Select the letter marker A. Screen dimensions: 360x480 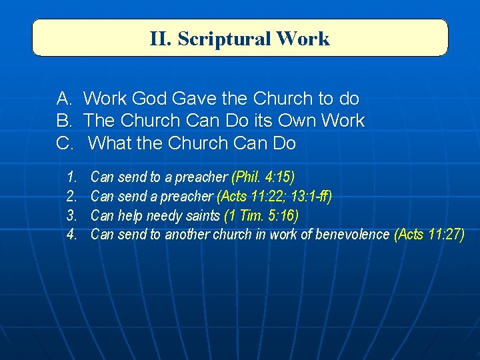tap(65, 99)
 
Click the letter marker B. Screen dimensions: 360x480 tap(65, 121)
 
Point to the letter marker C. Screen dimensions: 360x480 tap(65, 143)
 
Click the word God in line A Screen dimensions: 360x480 tap(150, 99)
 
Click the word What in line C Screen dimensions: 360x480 tap(108, 143)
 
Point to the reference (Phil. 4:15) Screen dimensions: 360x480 tap(263, 177)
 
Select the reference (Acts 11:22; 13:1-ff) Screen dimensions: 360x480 tap(274, 197)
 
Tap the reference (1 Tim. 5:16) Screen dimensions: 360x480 tap(261, 215)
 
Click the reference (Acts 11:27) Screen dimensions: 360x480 tap(429, 235)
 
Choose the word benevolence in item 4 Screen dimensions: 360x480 tap(354, 235)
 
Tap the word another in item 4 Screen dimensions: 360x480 tap(188, 235)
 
